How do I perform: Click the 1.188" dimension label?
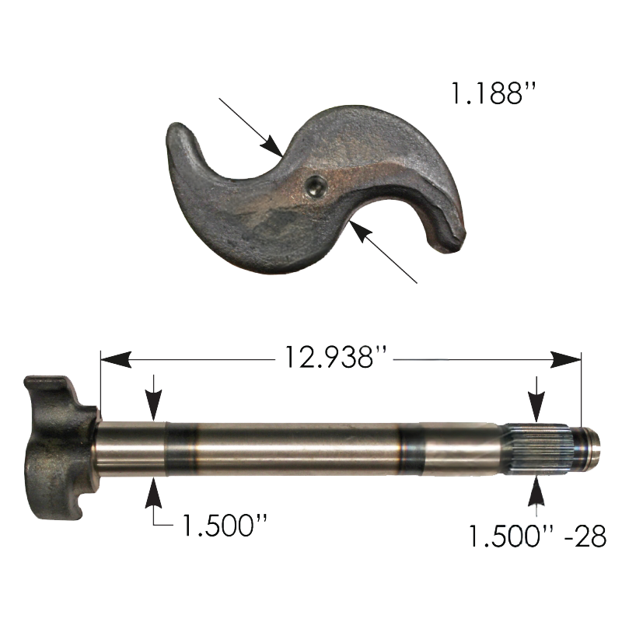(494, 93)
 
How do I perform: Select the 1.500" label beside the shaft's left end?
(224, 525)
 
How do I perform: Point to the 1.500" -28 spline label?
(537, 536)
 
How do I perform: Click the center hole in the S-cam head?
(316, 186)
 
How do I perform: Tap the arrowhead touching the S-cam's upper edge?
(272, 146)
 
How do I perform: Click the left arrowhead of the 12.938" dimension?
(116, 359)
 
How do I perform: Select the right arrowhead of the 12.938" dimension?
(566, 359)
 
